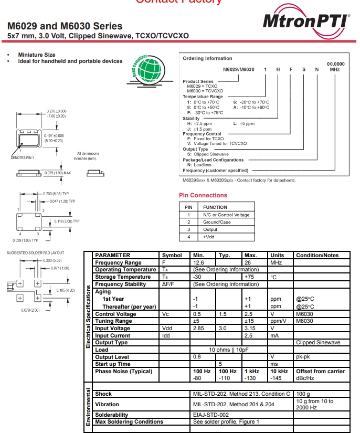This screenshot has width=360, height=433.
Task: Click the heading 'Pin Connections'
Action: tap(203, 195)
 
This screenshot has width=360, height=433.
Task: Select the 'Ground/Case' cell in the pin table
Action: tap(217, 222)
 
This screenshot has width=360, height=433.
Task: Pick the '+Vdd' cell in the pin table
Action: tap(209, 237)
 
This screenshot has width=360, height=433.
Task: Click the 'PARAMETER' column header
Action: tap(113, 256)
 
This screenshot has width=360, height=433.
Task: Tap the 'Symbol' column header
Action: tap(172, 256)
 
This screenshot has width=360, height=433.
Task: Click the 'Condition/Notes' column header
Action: tap(317, 256)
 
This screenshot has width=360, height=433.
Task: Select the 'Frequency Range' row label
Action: tap(118, 262)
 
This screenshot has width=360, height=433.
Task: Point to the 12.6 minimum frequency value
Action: tap(198, 262)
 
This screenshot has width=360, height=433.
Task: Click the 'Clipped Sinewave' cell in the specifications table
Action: tap(318, 343)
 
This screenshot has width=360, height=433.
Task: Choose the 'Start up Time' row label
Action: tap(113, 364)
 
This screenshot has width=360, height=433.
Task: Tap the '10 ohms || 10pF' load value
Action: tap(229, 350)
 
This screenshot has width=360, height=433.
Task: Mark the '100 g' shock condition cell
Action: tap(303, 394)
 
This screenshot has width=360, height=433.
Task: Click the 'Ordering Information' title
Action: tap(207, 58)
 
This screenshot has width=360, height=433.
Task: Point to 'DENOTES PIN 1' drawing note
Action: tap(22, 157)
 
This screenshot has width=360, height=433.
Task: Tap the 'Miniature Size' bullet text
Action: tap(37, 55)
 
